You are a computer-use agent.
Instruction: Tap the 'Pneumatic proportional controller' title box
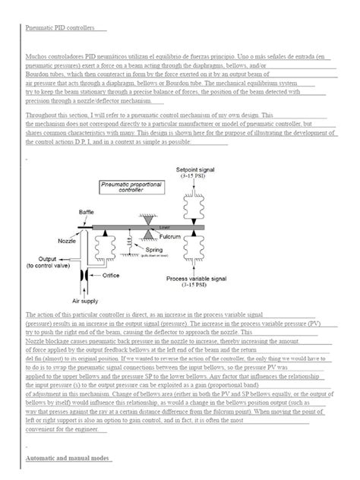coord(127,188)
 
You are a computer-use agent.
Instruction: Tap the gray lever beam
coord(152,226)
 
